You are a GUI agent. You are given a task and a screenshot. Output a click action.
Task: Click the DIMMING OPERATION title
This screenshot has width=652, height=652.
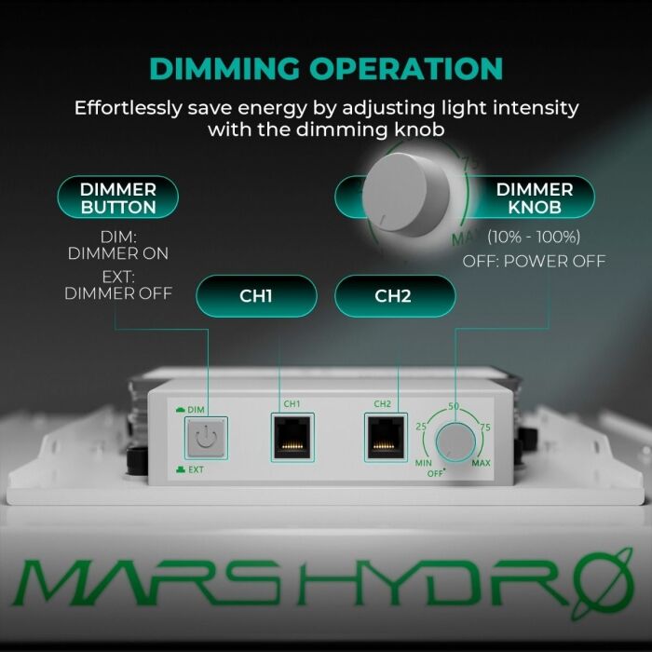click(326, 69)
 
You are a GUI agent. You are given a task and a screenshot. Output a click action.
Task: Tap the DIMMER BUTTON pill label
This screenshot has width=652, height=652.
click(117, 197)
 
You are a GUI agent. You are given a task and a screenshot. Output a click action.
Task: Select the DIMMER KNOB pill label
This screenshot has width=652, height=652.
click(535, 197)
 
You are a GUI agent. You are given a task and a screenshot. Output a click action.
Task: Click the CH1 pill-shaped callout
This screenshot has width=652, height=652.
click(256, 296)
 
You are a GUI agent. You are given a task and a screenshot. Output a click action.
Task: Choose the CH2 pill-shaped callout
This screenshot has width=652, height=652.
click(394, 296)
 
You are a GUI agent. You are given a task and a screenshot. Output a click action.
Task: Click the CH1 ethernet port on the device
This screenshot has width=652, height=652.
click(292, 435)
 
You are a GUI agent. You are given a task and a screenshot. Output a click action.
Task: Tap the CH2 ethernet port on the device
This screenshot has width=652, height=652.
click(382, 435)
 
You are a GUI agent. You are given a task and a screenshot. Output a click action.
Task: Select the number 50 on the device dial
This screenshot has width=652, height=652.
click(455, 407)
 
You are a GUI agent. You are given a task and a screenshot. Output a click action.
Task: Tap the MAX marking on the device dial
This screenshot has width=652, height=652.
click(482, 463)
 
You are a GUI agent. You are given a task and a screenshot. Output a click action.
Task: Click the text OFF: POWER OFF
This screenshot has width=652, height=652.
click(534, 261)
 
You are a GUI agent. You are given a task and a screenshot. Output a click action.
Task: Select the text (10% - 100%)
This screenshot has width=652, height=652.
click(534, 237)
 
